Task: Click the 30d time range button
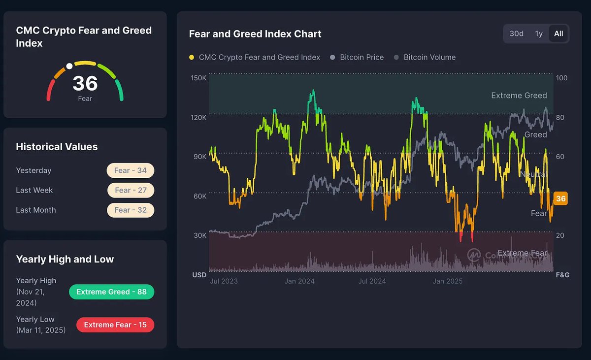click(516, 33)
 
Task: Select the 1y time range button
click(539, 33)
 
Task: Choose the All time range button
click(558, 33)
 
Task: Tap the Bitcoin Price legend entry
click(361, 57)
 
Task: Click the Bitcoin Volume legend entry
click(429, 57)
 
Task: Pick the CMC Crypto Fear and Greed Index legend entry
click(259, 57)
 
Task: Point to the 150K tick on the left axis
click(198, 78)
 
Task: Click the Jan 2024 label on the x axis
click(299, 281)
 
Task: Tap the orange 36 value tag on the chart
click(560, 198)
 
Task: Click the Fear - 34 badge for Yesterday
click(131, 170)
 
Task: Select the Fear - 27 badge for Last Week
click(131, 190)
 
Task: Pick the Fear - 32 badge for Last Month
click(131, 210)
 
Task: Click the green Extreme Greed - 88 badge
click(111, 292)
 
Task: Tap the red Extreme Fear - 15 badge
click(115, 325)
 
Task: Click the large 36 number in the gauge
click(85, 83)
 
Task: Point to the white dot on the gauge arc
click(69, 66)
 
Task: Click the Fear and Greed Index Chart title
click(255, 34)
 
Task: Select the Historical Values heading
click(57, 147)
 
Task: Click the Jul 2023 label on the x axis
click(224, 281)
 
